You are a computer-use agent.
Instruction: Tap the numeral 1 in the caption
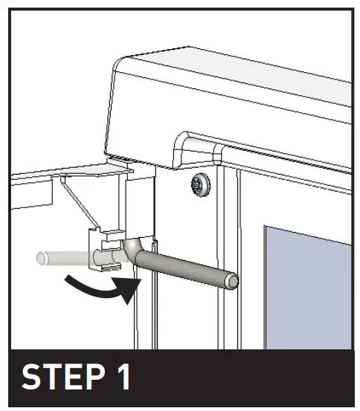[x=120, y=377]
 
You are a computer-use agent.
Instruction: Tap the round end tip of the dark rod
[x=234, y=282]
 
